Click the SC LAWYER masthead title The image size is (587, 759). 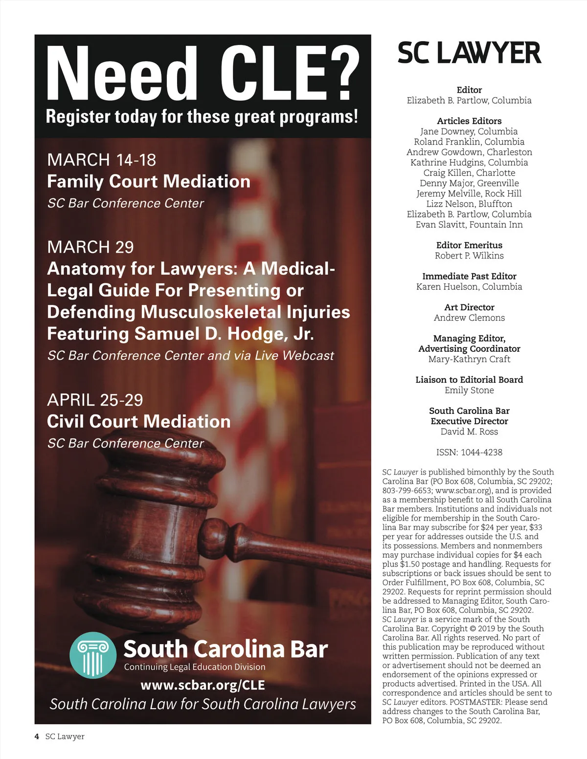click(x=469, y=53)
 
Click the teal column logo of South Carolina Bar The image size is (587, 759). click(x=93, y=655)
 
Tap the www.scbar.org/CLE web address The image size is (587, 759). click(x=203, y=685)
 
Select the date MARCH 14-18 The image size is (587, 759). click(x=101, y=160)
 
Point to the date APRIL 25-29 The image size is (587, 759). click(x=95, y=400)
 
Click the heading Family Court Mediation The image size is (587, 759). click(x=148, y=181)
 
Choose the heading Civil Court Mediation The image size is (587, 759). click(x=138, y=421)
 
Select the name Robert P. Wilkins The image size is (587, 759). click(x=469, y=256)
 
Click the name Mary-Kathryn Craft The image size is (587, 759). click(x=469, y=359)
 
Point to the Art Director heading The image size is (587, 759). click(x=469, y=307)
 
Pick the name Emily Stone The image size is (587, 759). click(x=469, y=390)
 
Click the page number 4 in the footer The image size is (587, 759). click(x=37, y=737)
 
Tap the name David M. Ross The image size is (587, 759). click(x=469, y=432)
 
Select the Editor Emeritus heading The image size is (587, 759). click(x=469, y=245)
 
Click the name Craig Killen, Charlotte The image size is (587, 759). click(x=469, y=173)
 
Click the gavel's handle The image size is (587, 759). click(x=293, y=547)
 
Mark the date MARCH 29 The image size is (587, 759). click(x=90, y=247)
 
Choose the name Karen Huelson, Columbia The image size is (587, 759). click(x=469, y=286)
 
